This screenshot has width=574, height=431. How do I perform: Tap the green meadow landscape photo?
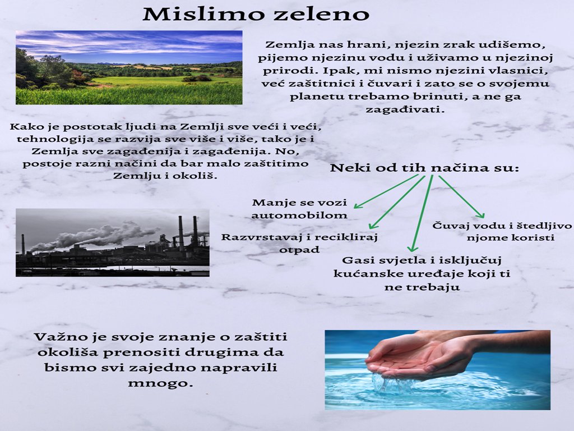tap(129, 67)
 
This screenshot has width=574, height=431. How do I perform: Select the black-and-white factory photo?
tap(112, 242)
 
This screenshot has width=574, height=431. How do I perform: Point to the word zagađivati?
tap(405, 109)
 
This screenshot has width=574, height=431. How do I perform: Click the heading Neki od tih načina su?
tap(425, 168)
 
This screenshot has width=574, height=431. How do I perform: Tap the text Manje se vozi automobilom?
tap(299, 209)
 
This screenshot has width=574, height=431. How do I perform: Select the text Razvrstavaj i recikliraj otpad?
tap(299, 243)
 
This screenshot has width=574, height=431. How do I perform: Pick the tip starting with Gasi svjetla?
tap(422, 273)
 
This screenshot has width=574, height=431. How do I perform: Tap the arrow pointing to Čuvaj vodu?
tap(462, 197)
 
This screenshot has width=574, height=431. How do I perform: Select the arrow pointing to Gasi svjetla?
tap(422, 213)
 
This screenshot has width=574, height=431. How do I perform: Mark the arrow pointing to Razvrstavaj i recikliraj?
tap(397, 202)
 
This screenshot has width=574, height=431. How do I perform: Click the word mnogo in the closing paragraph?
tap(160, 384)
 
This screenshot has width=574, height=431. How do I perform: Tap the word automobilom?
tap(299, 215)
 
